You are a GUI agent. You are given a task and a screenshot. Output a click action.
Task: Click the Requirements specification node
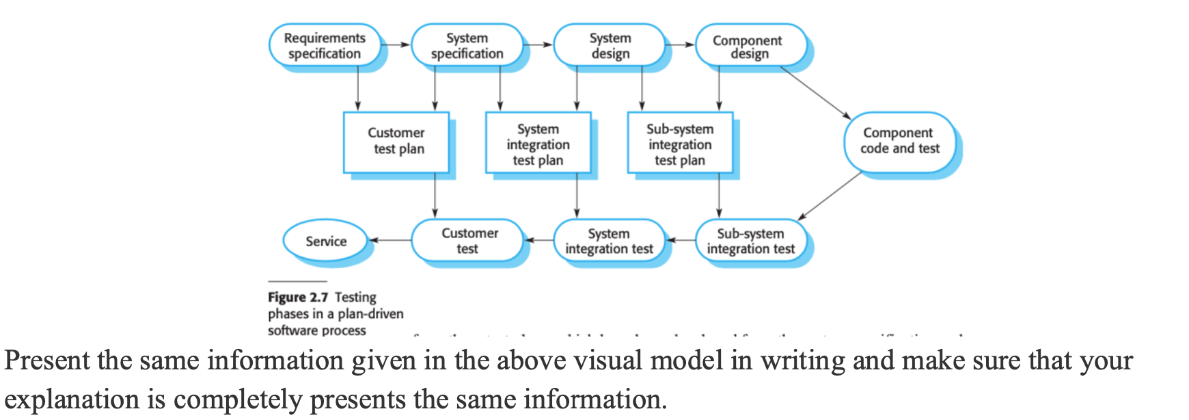pyautogui.click(x=325, y=46)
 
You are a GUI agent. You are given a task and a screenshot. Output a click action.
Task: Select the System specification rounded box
pyautogui.click(x=467, y=46)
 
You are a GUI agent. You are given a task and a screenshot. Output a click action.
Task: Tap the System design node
pyautogui.click(x=610, y=46)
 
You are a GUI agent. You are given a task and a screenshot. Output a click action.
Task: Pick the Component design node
pyautogui.click(x=750, y=46)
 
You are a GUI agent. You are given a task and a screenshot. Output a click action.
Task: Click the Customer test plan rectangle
pyautogui.click(x=396, y=142)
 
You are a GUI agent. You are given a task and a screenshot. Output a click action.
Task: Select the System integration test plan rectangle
pyautogui.click(x=538, y=143)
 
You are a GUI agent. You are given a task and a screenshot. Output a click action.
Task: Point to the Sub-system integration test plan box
pyautogui.click(x=680, y=143)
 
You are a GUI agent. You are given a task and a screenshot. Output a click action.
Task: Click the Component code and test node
pyautogui.click(x=899, y=141)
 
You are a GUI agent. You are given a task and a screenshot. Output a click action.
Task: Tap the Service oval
pyautogui.click(x=326, y=241)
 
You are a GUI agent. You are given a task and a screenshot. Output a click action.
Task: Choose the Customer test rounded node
pyautogui.click(x=468, y=241)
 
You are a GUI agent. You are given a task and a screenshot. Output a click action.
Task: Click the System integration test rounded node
pyautogui.click(x=610, y=241)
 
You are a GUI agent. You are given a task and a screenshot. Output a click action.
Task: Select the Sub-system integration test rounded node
pyautogui.click(x=750, y=241)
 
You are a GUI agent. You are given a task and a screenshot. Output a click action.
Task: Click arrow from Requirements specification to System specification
pyautogui.click(x=396, y=45)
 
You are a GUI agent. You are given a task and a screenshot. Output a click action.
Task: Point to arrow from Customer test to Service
pyautogui.click(x=390, y=240)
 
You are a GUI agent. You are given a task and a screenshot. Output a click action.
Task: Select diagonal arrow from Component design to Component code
pyautogui.click(x=815, y=92)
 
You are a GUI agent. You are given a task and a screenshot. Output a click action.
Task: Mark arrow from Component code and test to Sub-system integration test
pyautogui.click(x=830, y=195)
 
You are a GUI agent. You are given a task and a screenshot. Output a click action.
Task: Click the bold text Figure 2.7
pyautogui.click(x=298, y=298)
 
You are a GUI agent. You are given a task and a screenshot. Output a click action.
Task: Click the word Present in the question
pyautogui.click(x=47, y=360)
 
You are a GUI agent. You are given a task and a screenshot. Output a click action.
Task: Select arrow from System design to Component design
pyautogui.click(x=680, y=45)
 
